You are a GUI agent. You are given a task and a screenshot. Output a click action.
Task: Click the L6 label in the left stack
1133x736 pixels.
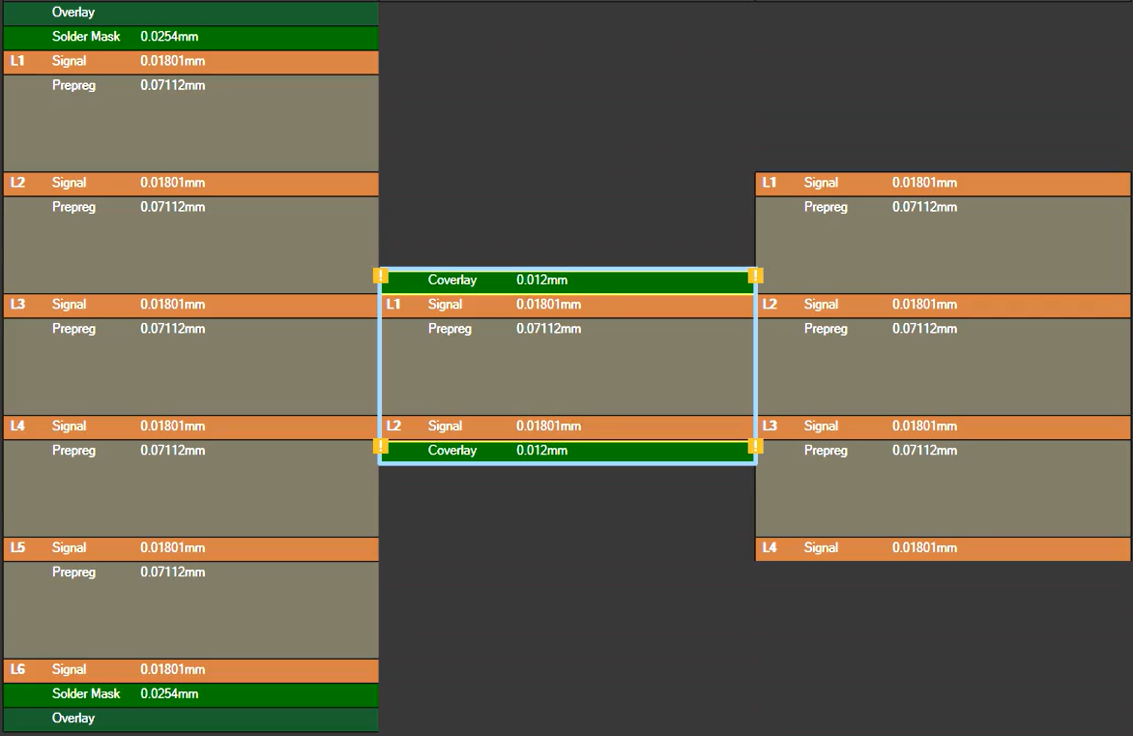tap(18, 669)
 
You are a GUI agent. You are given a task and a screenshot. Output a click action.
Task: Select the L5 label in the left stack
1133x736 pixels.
tap(18, 548)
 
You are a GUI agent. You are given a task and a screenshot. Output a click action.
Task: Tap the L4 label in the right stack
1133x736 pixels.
tap(770, 548)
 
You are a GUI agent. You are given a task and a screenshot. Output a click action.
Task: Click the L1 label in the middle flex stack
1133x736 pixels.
tap(393, 305)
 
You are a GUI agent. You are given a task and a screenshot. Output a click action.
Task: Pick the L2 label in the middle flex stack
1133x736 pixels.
tap(393, 426)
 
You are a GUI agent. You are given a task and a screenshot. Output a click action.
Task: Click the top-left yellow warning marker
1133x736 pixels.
tap(381, 276)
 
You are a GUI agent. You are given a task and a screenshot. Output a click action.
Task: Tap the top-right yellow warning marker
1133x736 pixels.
tap(756, 276)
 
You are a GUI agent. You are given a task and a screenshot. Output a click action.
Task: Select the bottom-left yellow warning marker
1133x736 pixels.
tap(381, 445)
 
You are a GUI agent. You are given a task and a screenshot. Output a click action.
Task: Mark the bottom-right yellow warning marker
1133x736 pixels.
tap(756, 445)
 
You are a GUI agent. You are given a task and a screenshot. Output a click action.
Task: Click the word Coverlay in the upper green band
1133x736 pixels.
tap(452, 280)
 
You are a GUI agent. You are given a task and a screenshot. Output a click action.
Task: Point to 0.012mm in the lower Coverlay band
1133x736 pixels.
tap(542, 451)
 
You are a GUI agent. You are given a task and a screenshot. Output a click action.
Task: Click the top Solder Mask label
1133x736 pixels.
tap(86, 36)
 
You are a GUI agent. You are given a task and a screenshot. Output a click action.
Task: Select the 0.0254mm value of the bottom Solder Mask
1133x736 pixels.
tap(169, 694)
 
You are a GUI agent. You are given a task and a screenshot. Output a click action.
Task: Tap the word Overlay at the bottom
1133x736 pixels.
tap(73, 718)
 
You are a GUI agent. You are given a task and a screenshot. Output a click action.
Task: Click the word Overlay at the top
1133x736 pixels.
tap(73, 13)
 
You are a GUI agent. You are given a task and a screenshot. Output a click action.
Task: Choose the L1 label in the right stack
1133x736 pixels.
tap(770, 183)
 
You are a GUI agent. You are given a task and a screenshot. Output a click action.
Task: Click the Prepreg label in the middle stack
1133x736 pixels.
tap(450, 329)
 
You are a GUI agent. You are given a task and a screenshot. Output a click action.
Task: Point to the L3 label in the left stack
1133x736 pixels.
tap(18, 305)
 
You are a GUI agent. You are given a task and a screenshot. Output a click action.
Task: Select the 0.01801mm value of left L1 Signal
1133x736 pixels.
tap(173, 61)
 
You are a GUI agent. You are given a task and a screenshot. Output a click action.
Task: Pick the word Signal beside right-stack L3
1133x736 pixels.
tap(821, 427)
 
